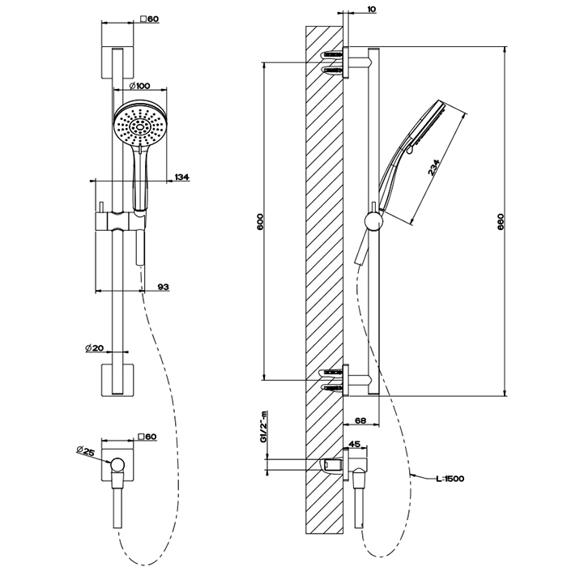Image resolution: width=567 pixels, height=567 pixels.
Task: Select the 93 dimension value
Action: [x=163, y=287]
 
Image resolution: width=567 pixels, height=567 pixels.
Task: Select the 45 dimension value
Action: [x=354, y=444]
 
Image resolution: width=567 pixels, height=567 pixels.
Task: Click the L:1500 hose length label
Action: [x=447, y=479]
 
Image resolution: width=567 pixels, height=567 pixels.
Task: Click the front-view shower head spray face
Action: [x=139, y=126]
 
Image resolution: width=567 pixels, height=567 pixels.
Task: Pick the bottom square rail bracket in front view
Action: [x=118, y=381]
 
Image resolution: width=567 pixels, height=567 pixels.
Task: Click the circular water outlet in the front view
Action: [x=119, y=464]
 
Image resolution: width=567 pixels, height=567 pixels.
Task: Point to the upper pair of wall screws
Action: [x=334, y=63]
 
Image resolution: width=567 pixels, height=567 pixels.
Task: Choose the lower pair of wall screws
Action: [x=334, y=380]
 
